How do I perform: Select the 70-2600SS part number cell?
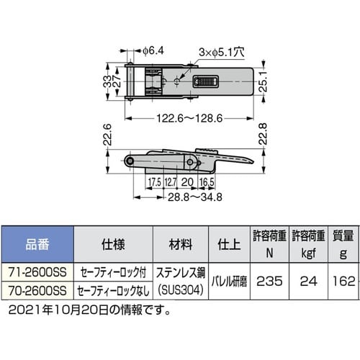(37, 291)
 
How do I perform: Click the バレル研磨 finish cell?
(229, 283)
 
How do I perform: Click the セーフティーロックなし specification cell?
(112, 291)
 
